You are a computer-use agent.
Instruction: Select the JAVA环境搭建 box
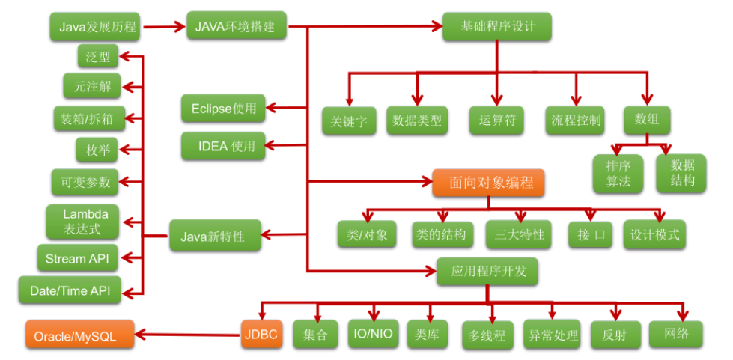click(x=235, y=27)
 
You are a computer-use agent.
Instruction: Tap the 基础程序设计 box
click(x=497, y=27)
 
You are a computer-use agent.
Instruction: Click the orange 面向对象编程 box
click(x=487, y=183)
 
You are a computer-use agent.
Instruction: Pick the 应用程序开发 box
click(x=489, y=271)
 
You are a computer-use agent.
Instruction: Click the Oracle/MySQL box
click(x=80, y=335)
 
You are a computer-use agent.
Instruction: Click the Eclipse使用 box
click(x=224, y=109)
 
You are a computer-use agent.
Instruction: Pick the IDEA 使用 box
click(x=223, y=146)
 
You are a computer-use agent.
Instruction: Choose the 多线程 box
click(x=488, y=335)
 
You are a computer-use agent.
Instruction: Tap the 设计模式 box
click(x=655, y=234)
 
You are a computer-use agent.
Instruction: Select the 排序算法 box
click(x=618, y=173)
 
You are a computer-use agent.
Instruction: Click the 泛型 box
click(x=97, y=55)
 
